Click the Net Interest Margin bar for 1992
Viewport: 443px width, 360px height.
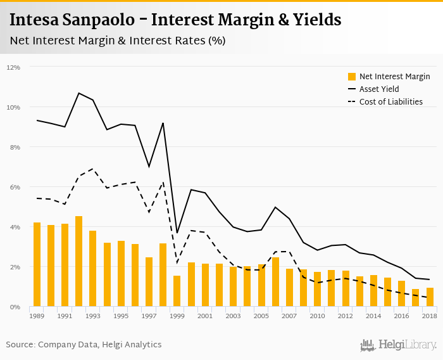pos(79,262)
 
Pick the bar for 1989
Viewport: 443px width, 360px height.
pos(37,265)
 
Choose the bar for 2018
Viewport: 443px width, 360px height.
pos(430,297)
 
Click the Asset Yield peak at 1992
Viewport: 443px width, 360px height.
pos(79,93)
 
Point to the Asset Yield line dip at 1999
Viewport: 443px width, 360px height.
pos(177,233)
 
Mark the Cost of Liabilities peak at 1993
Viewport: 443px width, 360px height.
pos(93,169)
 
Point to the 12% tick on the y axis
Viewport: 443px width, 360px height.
pos(13,67)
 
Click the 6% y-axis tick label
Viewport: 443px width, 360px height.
pos(15,187)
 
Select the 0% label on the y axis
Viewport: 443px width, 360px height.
pos(15,307)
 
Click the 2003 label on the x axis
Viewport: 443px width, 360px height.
pos(234,316)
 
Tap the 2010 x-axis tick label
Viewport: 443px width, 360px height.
pos(318,316)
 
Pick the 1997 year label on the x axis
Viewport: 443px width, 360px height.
pos(149,316)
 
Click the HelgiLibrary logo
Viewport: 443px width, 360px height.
pos(399,345)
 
